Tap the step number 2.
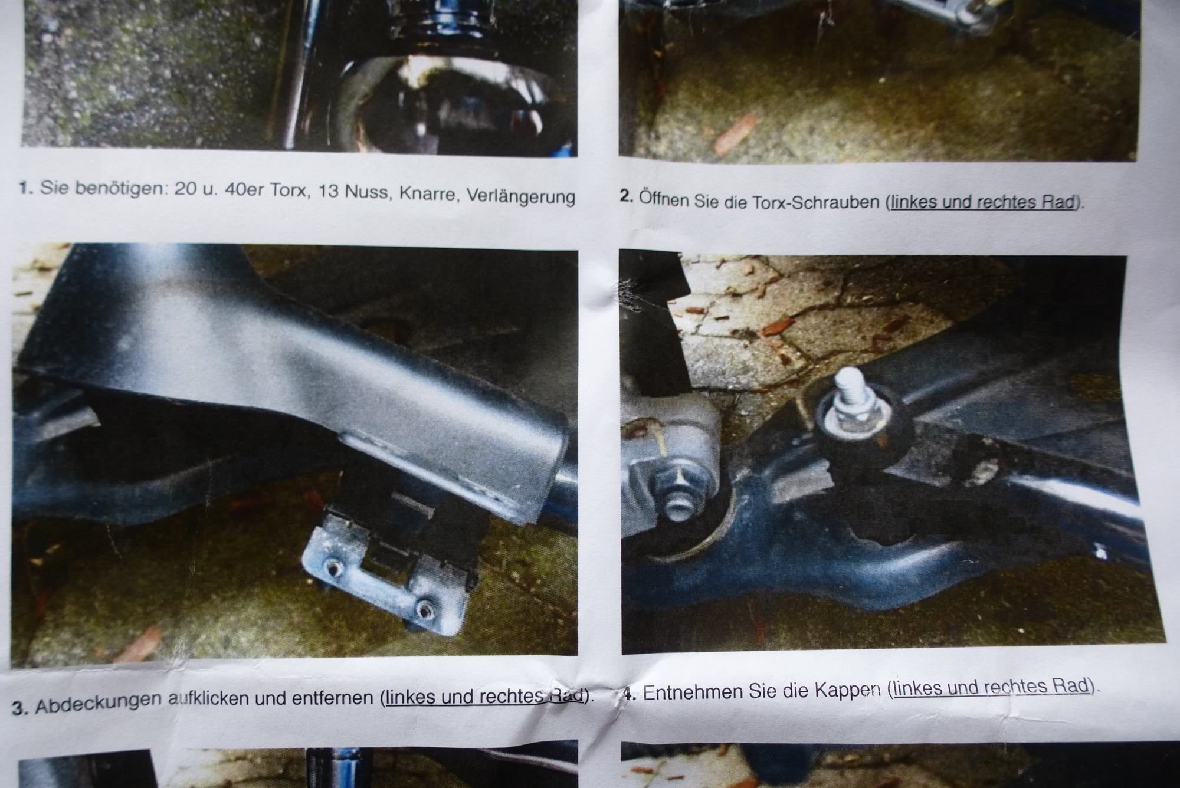(626, 196)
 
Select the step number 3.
(21, 707)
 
